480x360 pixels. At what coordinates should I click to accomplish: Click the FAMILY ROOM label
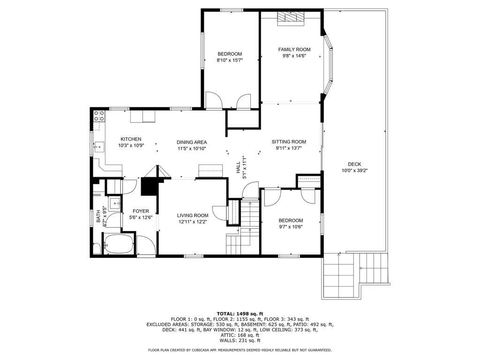(x=294, y=49)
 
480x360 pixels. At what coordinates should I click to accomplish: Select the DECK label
(x=354, y=164)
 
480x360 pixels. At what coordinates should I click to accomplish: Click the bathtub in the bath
(x=119, y=244)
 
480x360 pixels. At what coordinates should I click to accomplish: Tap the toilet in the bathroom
(x=97, y=248)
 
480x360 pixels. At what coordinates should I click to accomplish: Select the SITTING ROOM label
(x=289, y=142)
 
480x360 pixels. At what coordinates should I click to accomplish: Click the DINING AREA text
(x=192, y=142)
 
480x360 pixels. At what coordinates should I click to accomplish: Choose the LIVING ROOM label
(x=193, y=216)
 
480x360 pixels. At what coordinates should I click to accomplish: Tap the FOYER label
(x=141, y=211)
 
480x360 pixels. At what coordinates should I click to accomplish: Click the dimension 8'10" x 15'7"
(x=230, y=60)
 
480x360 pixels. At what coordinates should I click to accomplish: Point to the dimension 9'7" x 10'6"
(x=291, y=227)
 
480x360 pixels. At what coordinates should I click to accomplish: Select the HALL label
(x=238, y=167)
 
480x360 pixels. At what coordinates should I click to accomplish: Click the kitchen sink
(x=99, y=147)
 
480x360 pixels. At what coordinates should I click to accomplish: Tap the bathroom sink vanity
(x=115, y=203)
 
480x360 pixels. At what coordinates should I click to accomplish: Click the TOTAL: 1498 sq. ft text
(x=240, y=314)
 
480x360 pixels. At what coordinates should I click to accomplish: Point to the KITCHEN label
(x=131, y=139)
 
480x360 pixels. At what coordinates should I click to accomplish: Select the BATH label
(x=98, y=216)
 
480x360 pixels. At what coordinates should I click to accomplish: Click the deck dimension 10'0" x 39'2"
(x=354, y=171)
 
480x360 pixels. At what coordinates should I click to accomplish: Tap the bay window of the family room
(x=329, y=64)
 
